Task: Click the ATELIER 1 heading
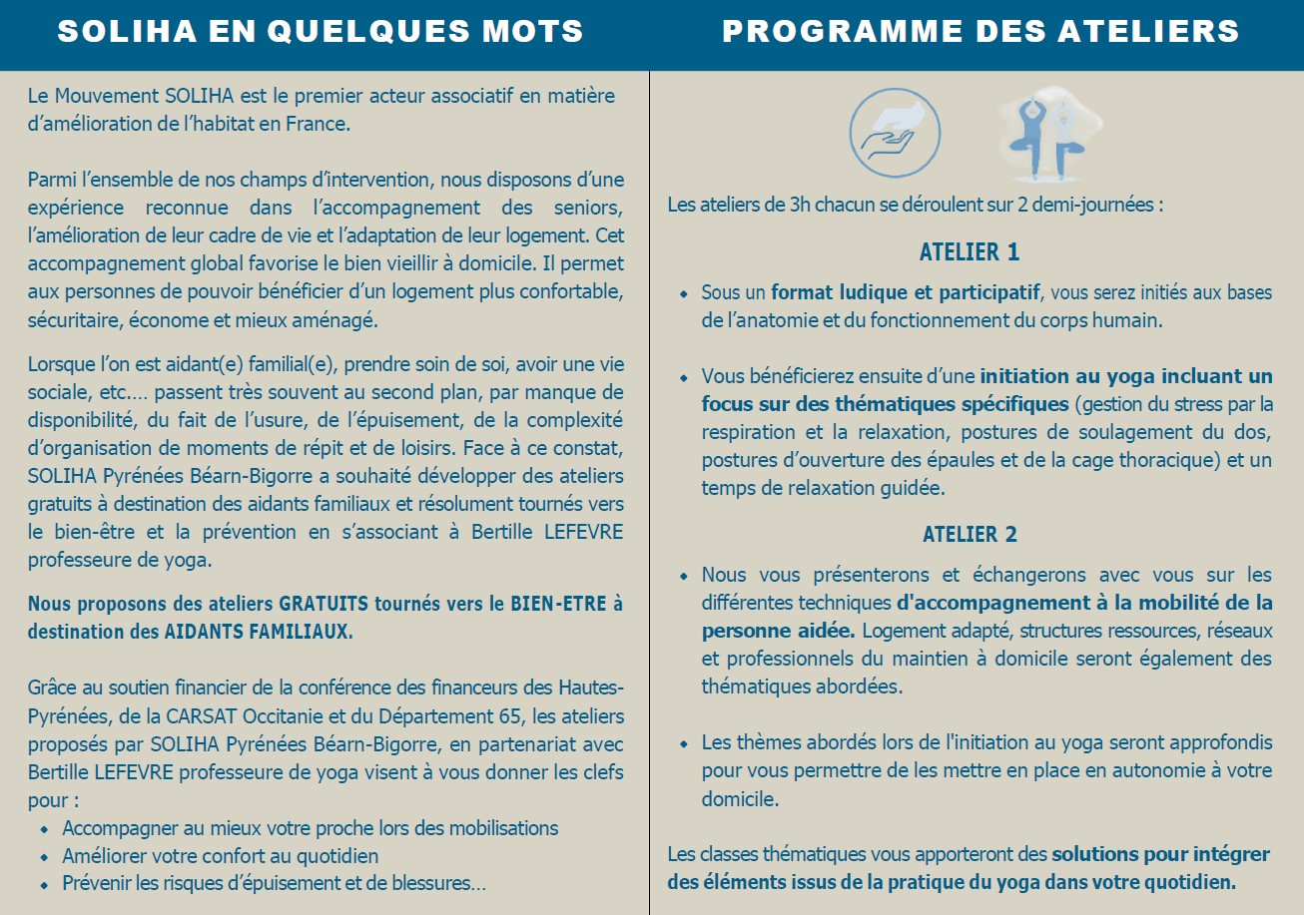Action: point(969,252)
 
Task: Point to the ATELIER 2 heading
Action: point(969,535)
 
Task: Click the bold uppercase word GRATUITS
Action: point(325,604)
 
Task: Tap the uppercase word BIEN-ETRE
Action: point(560,604)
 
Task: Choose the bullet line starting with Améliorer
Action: point(220,856)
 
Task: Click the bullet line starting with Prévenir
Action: point(274,884)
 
